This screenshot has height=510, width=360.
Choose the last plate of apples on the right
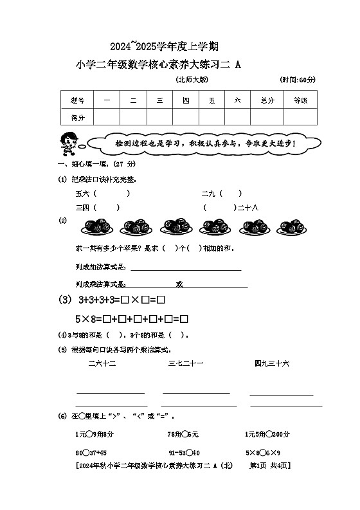pyautogui.click(x=294, y=228)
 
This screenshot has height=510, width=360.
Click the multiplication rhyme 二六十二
pyautogui.click(x=102, y=364)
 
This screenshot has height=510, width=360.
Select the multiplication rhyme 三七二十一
pyautogui.click(x=186, y=364)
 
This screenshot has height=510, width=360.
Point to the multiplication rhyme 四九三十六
pyautogui.click(x=271, y=364)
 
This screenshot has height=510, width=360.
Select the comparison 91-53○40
pyautogui.click(x=184, y=452)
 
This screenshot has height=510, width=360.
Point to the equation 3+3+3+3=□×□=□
pyautogui.click(x=122, y=300)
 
